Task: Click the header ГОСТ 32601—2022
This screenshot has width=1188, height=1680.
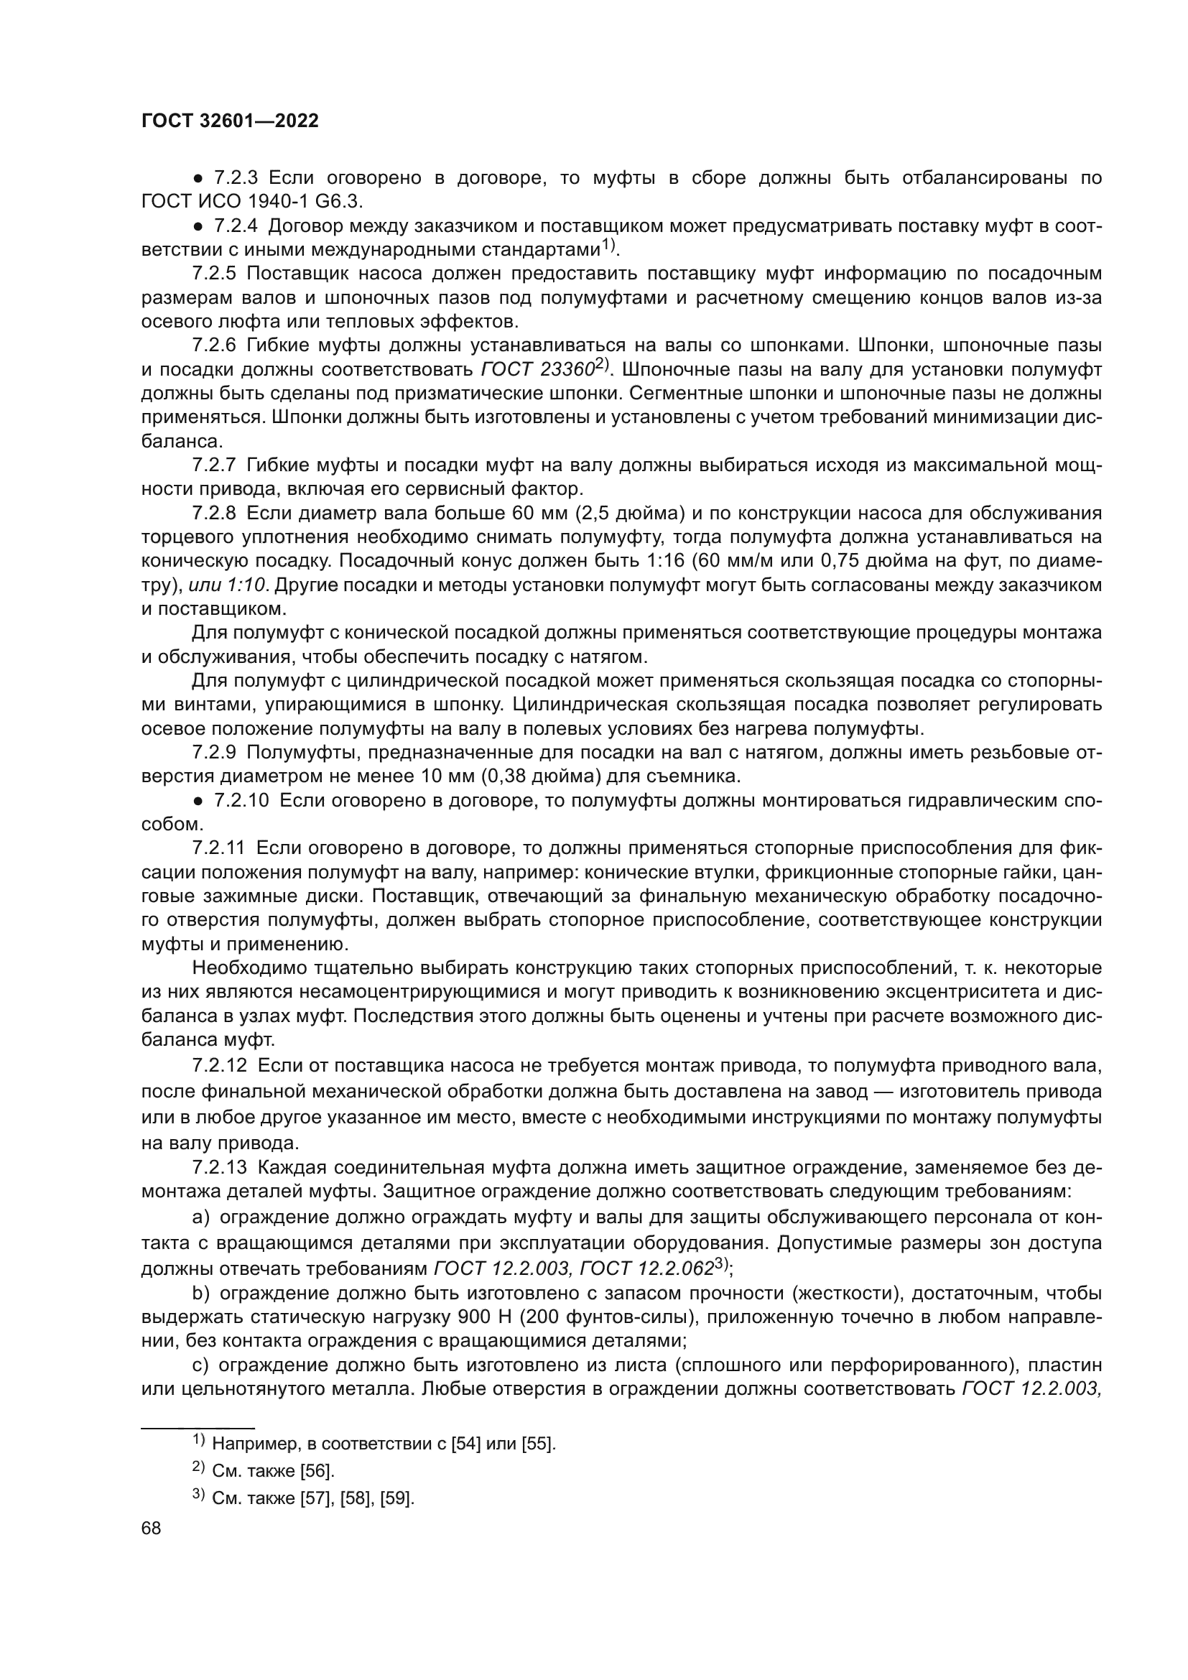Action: (230, 121)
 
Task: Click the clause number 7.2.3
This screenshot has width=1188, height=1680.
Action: (236, 178)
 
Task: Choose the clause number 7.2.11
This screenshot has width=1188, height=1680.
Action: (220, 848)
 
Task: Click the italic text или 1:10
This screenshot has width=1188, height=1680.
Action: (227, 585)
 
